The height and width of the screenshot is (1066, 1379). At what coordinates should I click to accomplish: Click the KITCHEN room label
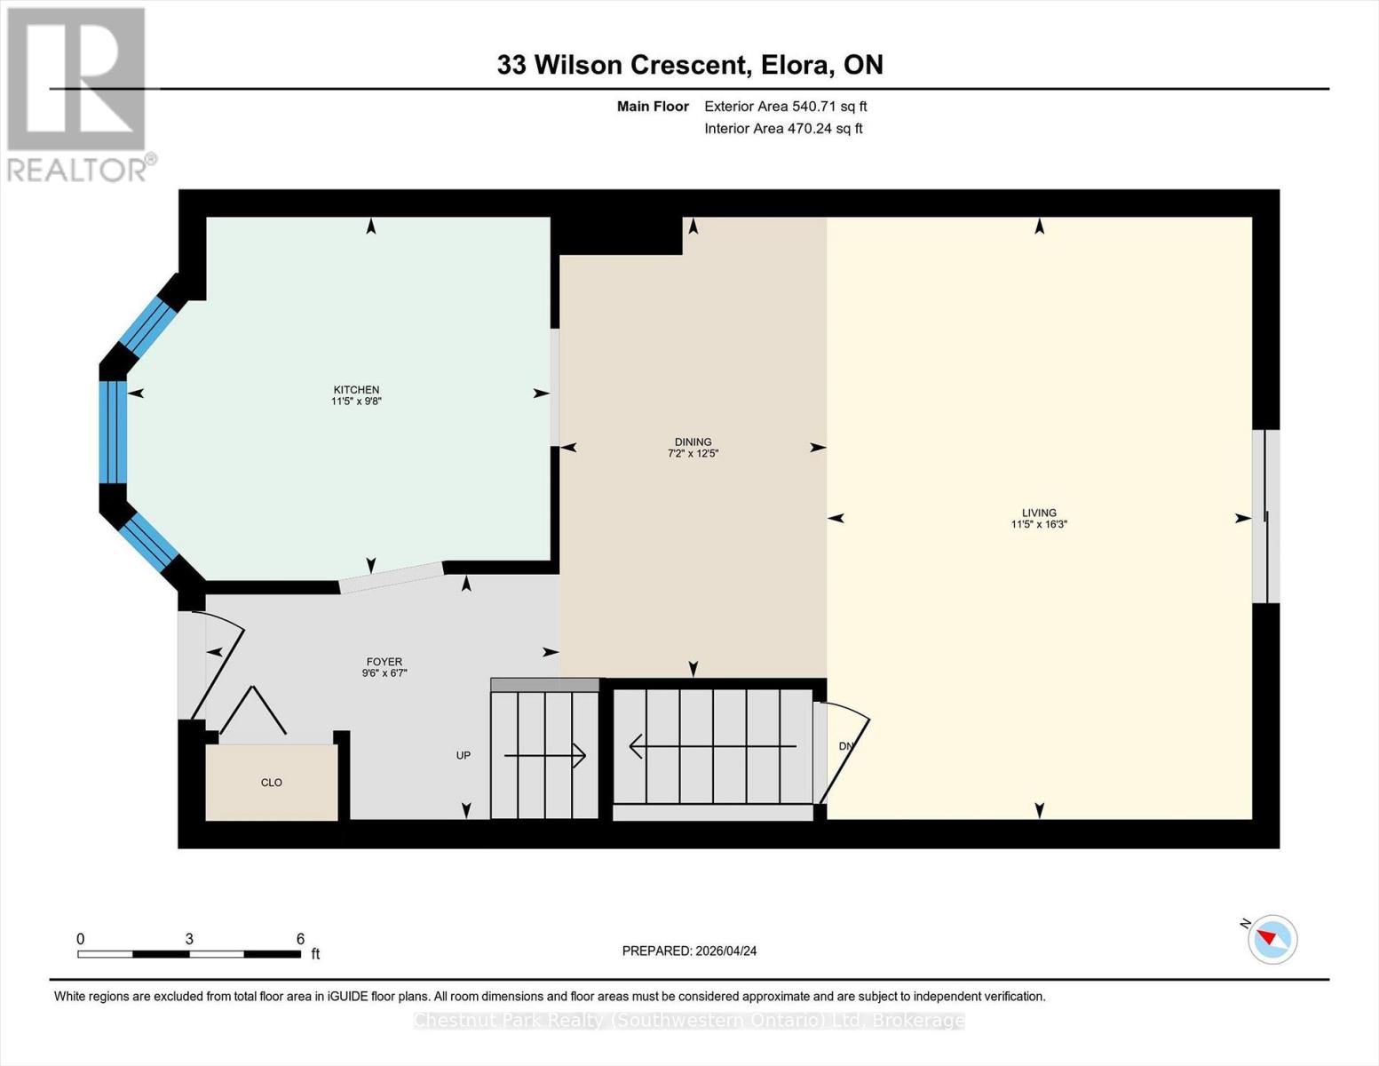point(356,389)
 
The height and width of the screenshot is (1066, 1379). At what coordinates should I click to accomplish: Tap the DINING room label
point(693,442)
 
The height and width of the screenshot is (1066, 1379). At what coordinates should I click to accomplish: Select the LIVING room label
point(1039,513)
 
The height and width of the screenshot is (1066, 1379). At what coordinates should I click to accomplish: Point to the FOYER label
point(384,662)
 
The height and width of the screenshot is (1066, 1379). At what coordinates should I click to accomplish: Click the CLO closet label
point(272,783)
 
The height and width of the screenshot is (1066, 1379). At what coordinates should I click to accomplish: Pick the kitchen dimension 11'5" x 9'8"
point(356,402)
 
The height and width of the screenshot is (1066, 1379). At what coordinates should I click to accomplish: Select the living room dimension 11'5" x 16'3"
point(1039,525)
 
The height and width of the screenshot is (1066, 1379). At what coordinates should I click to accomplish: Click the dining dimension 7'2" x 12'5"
point(693,454)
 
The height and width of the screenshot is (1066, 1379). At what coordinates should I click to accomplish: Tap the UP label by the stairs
point(464,755)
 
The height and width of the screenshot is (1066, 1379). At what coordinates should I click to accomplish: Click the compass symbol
point(1272,939)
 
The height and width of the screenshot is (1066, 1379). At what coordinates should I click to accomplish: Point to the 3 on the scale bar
point(189,939)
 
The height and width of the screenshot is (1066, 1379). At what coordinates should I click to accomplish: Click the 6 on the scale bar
point(300,939)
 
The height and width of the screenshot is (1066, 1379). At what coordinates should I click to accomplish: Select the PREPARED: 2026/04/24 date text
point(689,951)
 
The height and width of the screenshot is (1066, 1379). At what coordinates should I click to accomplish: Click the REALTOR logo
point(78,93)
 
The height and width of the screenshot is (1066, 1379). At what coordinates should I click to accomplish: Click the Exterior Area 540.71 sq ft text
point(785,107)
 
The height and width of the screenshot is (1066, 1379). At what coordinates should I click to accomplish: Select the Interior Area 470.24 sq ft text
point(783,129)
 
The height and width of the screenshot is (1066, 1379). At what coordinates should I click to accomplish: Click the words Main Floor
point(653,107)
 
